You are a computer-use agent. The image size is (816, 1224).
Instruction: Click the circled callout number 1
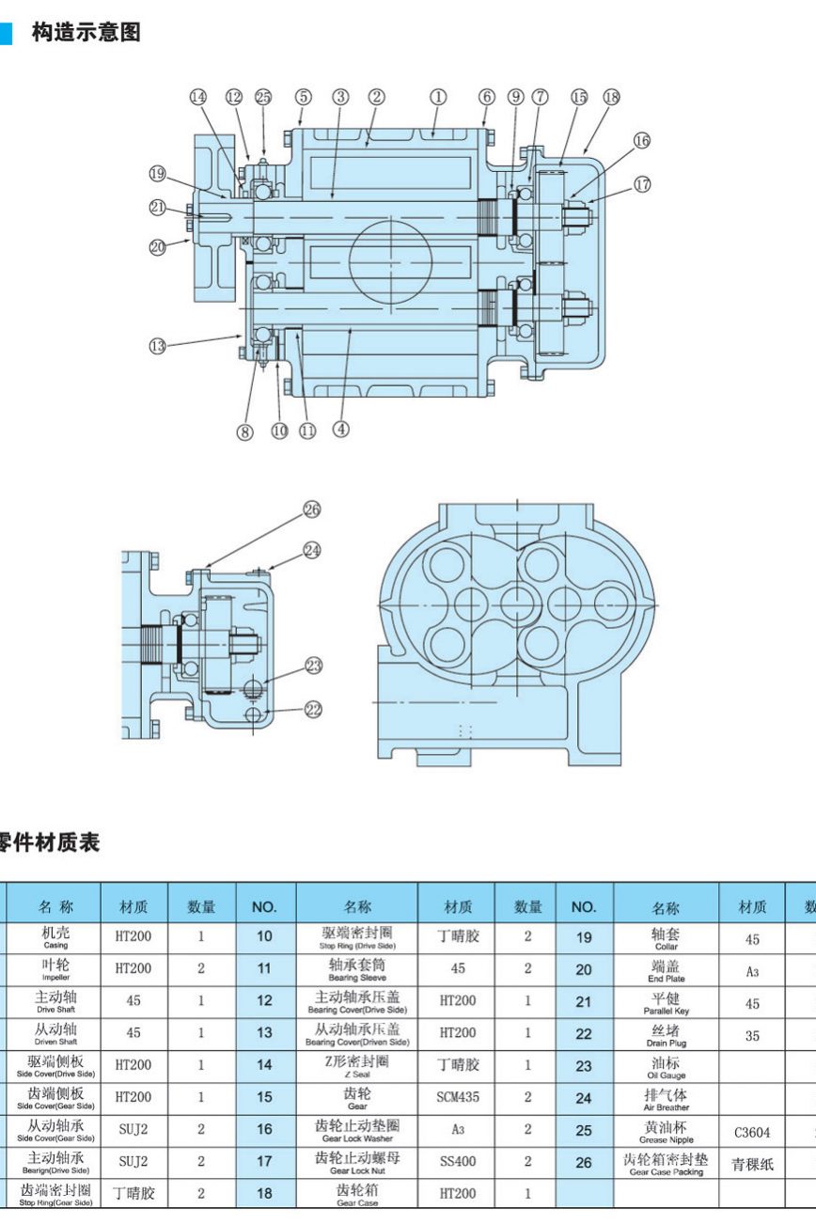coord(438,97)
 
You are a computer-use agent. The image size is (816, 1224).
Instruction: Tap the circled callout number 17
coord(642,184)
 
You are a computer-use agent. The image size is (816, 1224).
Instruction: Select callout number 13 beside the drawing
coord(157,346)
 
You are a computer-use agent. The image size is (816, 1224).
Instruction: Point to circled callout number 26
coord(312,510)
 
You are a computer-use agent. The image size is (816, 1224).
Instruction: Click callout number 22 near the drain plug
coord(313,710)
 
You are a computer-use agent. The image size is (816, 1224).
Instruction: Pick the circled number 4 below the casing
coord(341,429)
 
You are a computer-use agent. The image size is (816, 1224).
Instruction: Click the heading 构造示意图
coord(86,33)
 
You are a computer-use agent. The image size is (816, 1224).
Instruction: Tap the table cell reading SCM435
coord(458,1096)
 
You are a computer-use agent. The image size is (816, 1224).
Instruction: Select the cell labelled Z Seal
coord(357,1065)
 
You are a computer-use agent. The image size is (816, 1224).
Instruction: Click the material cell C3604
coord(752,1132)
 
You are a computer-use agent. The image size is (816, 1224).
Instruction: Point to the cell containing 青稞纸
coord(753,1165)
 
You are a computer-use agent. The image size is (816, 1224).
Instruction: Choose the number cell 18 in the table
coord(265,1193)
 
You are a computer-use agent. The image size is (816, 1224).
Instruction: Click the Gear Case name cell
coord(357,1194)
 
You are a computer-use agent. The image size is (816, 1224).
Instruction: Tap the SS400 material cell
coord(458,1161)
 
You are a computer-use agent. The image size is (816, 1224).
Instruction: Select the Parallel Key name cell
coord(667,1003)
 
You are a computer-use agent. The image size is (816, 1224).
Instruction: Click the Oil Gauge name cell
coord(667,1067)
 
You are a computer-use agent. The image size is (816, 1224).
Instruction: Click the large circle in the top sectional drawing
coord(391,255)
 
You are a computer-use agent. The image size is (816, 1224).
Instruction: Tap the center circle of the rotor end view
coord(518,602)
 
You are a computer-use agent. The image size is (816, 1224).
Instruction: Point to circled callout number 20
coord(157,247)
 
